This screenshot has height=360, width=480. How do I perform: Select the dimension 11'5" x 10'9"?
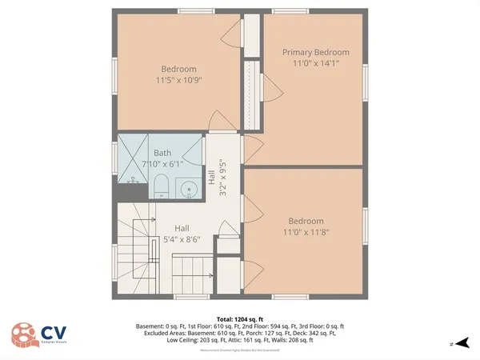tap(178, 80)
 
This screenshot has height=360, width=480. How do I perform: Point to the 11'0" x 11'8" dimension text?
tap(306, 232)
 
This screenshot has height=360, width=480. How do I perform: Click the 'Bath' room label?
tap(162, 153)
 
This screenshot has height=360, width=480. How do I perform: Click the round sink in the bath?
tap(190, 189)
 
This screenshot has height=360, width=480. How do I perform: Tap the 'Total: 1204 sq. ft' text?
tap(239, 318)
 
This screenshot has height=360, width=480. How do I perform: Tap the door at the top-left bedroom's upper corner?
tap(230, 33)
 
